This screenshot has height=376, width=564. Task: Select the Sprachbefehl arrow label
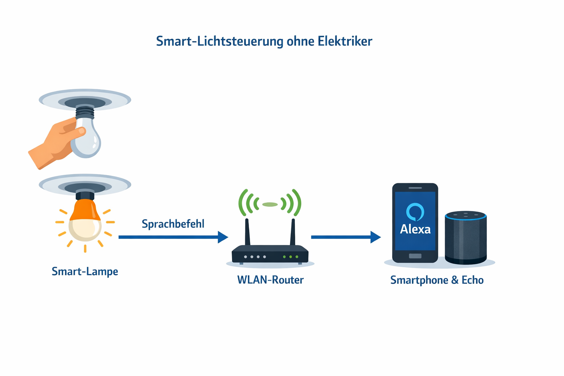click(173, 224)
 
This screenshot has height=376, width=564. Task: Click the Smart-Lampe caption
click(85, 272)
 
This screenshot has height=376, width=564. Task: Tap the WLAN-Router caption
click(270, 280)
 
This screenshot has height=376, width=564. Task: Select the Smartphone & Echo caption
click(437, 280)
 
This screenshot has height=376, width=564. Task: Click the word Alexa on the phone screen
click(415, 229)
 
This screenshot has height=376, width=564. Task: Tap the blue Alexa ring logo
click(415, 212)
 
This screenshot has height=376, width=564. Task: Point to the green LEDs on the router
click(290, 257)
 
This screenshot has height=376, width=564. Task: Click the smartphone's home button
click(415, 256)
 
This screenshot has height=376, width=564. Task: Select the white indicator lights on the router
click(255, 257)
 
